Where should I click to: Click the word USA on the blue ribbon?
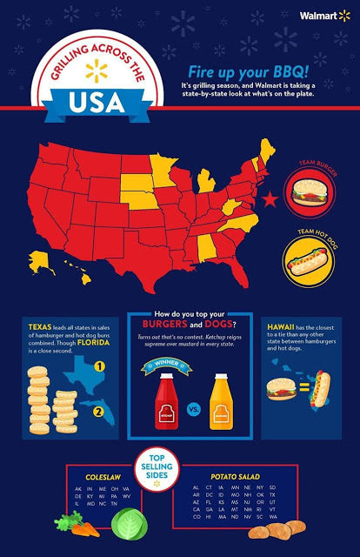pos(103,104)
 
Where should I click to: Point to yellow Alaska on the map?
pos(40,259)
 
